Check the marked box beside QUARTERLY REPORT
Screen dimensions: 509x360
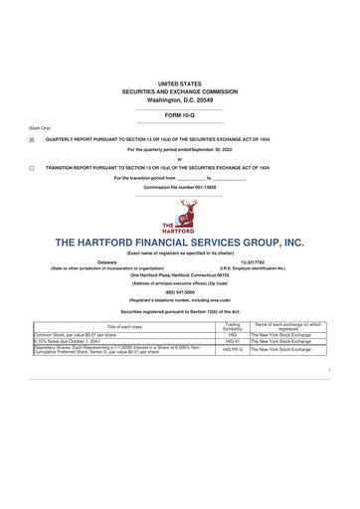point(31,140)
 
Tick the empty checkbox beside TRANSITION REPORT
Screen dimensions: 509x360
point(31,169)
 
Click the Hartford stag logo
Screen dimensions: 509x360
point(179,215)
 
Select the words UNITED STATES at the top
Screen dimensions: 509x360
point(179,85)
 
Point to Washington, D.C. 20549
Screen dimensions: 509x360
point(179,100)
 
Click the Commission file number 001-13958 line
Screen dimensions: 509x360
point(179,187)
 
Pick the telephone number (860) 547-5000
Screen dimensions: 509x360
point(179,292)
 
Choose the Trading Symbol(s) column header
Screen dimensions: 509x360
point(233,327)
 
